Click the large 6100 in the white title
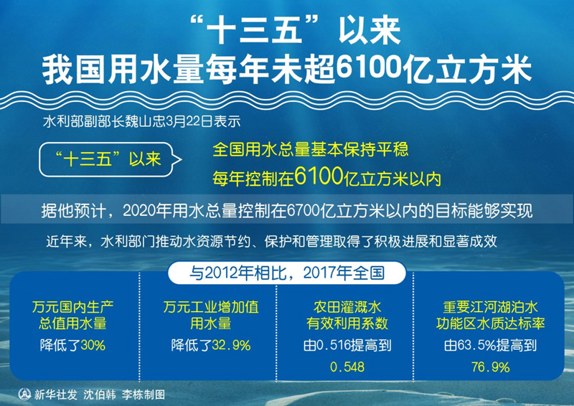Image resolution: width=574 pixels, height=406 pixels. [x=370, y=67]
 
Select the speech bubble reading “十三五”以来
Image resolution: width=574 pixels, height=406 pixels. [x=110, y=160]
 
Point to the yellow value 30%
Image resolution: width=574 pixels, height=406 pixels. [x=93, y=345]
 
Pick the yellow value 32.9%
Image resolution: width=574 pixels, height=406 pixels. [x=231, y=345]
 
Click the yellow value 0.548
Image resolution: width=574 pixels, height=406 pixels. [x=347, y=367]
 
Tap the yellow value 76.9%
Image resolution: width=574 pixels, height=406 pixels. [x=490, y=367]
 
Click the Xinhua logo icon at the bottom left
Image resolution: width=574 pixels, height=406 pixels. [x=24, y=395]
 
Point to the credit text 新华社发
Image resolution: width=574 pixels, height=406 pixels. [x=56, y=395]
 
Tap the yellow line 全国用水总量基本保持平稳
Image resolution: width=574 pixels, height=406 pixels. [x=310, y=150]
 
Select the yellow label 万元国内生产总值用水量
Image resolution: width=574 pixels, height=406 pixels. [x=72, y=315]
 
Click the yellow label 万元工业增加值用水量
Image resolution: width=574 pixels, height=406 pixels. [x=211, y=315]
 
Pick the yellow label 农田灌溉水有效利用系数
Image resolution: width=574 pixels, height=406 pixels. [x=347, y=315]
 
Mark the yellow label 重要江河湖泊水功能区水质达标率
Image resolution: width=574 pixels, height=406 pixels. [x=490, y=315]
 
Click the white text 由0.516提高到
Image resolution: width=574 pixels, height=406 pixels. [x=347, y=345]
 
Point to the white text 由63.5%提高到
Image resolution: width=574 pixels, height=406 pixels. [x=490, y=345]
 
